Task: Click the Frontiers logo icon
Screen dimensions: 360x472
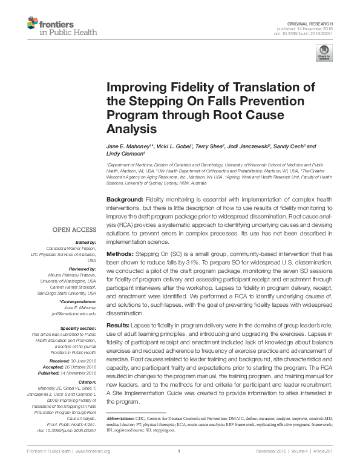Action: (x=36, y=24)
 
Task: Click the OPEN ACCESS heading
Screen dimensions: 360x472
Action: (x=74, y=230)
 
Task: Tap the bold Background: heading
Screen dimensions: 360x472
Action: (x=125, y=199)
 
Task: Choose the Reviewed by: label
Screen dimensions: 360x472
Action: (x=80, y=267)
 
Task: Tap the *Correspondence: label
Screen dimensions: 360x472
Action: (x=78, y=301)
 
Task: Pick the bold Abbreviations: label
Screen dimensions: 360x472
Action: (x=121, y=419)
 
